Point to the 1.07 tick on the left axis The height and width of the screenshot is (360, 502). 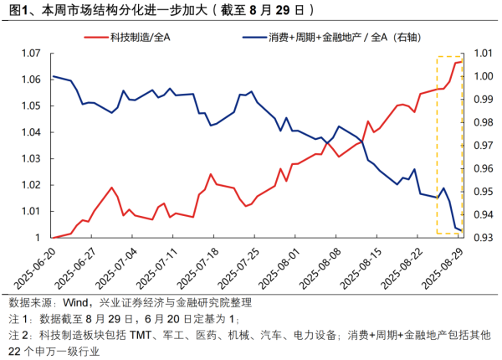pyautogui.click(x=29, y=53)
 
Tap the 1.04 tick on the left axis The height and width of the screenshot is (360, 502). pyautogui.click(x=29, y=132)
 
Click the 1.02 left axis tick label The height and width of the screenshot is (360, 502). pyautogui.click(x=29, y=185)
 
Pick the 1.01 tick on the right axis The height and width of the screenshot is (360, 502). pyautogui.click(x=482, y=53)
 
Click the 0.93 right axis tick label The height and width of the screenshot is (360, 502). pyautogui.click(x=482, y=238)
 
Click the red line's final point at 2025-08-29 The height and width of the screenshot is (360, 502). pyautogui.click(x=462, y=61)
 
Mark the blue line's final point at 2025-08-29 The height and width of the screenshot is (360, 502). pyautogui.click(x=462, y=230)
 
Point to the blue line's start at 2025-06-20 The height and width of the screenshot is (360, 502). pyautogui.click(x=53, y=76)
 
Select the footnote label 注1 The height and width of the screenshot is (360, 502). pyautogui.click(x=17, y=319)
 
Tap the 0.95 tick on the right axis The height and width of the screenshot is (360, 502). pyautogui.click(x=482, y=192)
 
